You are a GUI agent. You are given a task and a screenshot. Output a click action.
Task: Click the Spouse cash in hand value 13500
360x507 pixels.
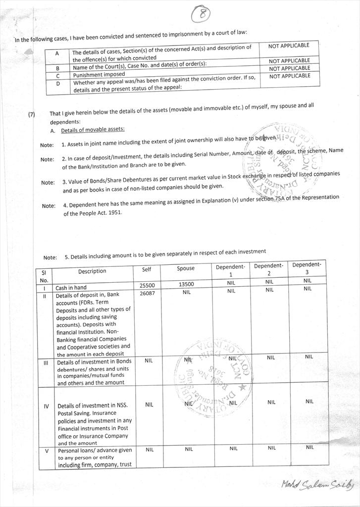click(x=186, y=284)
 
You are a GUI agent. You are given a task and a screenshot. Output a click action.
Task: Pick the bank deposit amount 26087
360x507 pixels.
click(x=147, y=293)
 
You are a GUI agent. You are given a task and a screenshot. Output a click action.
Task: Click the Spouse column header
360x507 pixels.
click(x=186, y=268)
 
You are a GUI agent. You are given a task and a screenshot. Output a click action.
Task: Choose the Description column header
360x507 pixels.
click(x=92, y=271)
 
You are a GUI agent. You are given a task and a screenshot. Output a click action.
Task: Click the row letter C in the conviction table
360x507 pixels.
click(x=58, y=76)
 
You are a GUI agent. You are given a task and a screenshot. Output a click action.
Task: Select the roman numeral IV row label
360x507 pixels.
click(x=46, y=406)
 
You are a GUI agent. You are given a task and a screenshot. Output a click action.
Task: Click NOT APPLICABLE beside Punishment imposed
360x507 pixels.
click(x=289, y=68)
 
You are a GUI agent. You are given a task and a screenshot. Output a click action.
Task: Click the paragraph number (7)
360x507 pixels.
click(x=32, y=114)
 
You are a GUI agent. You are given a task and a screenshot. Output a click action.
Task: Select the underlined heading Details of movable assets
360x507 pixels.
click(x=93, y=130)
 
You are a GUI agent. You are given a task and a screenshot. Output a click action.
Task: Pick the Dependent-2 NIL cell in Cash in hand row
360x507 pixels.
click(x=269, y=282)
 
